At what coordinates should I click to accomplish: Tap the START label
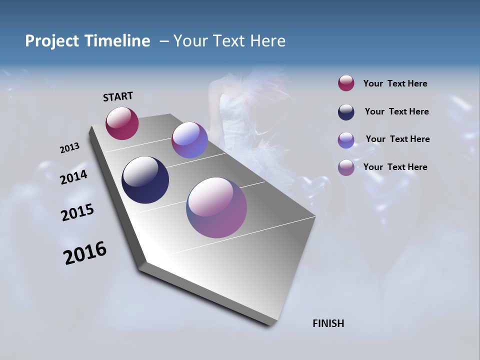pyautogui.click(x=118, y=96)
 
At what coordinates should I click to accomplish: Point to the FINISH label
pyautogui.click(x=328, y=323)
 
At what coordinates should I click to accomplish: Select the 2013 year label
pyautogui.click(x=69, y=148)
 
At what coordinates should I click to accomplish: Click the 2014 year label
pyautogui.click(x=74, y=177)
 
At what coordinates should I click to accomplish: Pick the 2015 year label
pyautogui.click(x=77, y=212)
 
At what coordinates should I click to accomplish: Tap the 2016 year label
pyautogui.click(x=85, y=253)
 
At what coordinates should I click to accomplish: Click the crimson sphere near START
pyautogui.click(x=122, y=123)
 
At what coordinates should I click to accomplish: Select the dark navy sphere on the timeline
pyautogui.click(x=145, y=180)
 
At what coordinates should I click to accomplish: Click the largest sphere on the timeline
pyautogui.click(x=216, y=207)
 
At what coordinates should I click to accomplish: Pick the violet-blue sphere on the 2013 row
pyautogui.click(x=189, y=140)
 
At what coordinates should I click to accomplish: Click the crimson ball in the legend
pyautogui.click(x=346, y=83)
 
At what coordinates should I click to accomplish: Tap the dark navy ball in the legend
pyautogui.click(x=346, y=112)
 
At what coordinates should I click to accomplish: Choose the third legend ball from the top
pyautogui.click(x=346, y=140)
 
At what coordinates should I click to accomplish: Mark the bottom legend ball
pyautogui.click(x=346, y=167)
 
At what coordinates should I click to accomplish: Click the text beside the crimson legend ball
pyautogui.click(x=395, y=83)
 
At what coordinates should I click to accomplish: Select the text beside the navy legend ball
pyautogui.click(x=396, y=111)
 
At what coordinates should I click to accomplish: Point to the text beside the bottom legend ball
pyautogui.click(x=395, y=167)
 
